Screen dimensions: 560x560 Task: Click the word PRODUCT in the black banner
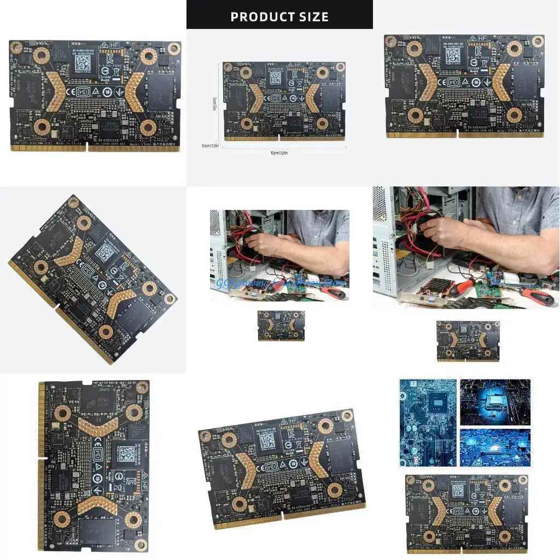click(x=258, y=16)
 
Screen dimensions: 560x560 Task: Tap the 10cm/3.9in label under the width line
click(x=279, y=153)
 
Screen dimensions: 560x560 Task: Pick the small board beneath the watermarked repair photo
click(x=281, y=325)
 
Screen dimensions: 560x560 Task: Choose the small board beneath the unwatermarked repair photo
click(x=468, y=341)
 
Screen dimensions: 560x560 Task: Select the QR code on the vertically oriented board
click(x=125, y=453)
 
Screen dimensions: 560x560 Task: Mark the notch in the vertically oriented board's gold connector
click(x=40, y=458)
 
